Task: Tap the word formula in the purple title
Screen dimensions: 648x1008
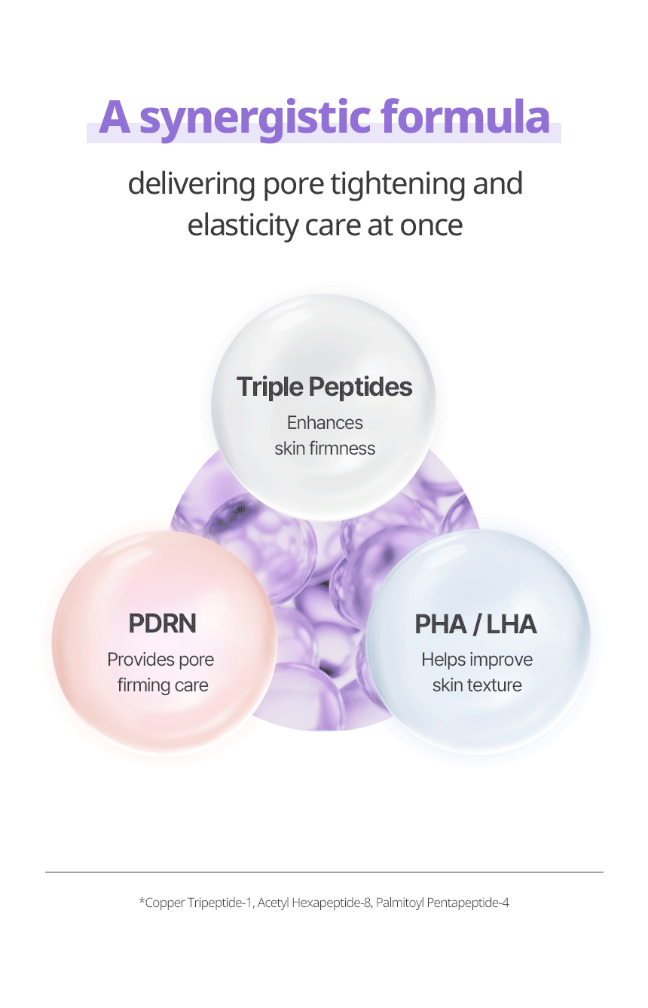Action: point(466,115)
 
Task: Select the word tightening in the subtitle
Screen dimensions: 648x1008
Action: point(398,185)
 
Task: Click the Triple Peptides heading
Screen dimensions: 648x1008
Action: point(324,387)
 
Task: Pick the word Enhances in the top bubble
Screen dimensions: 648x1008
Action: point(325,423)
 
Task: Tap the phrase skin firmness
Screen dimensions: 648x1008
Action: point(325,449)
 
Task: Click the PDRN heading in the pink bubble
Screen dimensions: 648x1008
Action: point(162,623)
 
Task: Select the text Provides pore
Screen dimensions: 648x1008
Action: point(160,660)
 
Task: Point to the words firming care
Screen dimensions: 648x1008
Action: point(163,685)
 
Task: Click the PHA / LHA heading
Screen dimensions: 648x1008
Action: point(475,624)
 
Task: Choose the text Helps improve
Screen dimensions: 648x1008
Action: point(477,660)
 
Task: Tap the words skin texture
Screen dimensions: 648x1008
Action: point(477,685)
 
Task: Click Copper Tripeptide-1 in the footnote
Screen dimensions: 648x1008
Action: point(198,902)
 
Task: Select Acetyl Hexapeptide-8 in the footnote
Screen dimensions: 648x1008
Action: point(314,902)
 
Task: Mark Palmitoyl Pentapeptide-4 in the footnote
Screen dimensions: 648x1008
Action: point(442,902)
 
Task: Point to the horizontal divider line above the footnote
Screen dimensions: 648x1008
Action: point(324,872)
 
